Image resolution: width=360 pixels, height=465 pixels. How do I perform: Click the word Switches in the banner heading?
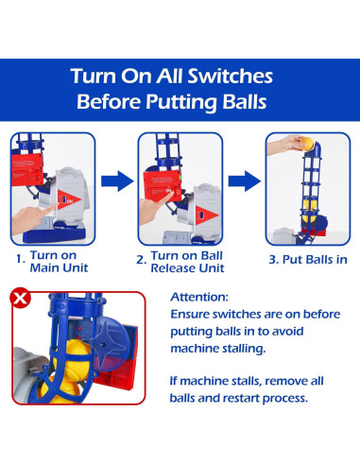coord(231,77)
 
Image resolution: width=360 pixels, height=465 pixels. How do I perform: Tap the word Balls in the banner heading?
coord(245,101)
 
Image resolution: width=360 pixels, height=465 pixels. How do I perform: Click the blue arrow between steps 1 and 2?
coord(117,181)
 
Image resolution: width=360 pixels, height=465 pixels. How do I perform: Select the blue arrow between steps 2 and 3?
coord(245,181)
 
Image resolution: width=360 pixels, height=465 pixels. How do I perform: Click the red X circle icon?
coord(20,298)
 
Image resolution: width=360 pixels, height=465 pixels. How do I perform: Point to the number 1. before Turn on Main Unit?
coord(21,259)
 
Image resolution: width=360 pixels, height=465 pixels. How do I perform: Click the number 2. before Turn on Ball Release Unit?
coord(142,260)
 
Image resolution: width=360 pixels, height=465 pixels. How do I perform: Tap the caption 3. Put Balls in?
coord(308,260)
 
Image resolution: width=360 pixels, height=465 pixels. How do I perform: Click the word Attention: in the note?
coord(199,297)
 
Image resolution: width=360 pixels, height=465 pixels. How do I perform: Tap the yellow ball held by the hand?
coord(307,145)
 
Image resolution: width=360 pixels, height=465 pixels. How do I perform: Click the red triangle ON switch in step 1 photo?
coord(69,199)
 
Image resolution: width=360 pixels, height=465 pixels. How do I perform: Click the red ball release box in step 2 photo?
coord(163,184)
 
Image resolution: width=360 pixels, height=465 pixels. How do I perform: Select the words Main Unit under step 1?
coord(59,268)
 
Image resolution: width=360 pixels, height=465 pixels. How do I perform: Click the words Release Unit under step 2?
coord(187,268)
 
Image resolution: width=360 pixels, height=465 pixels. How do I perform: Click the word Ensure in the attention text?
coord(190,315)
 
